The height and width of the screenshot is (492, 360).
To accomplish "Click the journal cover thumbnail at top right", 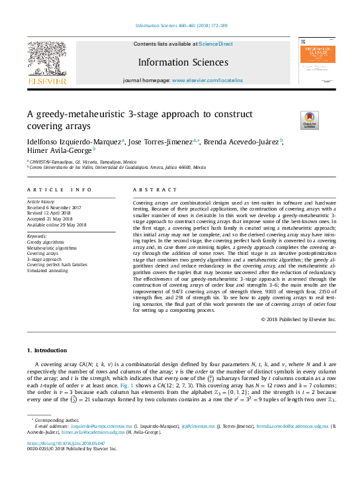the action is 316,63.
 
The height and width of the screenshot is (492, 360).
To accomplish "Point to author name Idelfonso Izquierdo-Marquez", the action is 65,141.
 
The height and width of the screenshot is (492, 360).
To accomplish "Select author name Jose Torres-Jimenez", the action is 161,141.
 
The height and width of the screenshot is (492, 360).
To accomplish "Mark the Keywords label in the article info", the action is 36,235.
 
